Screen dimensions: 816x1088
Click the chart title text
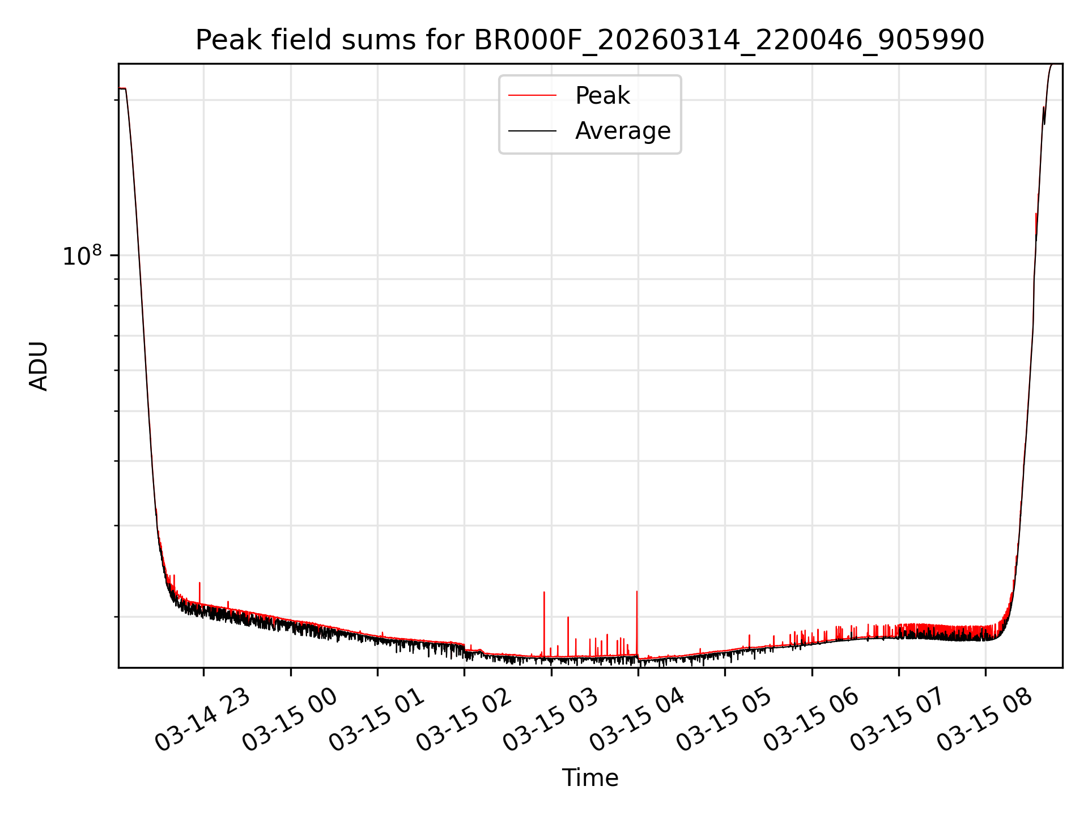pyautogui.click(x=589, y=40)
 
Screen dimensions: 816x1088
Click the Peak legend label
pyautogui.click(x=602, y=96)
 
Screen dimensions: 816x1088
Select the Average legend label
pyautogui.click(x=622, y=131)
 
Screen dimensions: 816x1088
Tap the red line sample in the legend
pyautogui.click(x=532, y=96)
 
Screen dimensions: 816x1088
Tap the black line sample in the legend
pyautogui.click(x=532, y=131)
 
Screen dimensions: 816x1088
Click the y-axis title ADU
pyautogui.click(x=39, y=366)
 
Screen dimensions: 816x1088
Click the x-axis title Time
pyautogui.click(x=590, y=778)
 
